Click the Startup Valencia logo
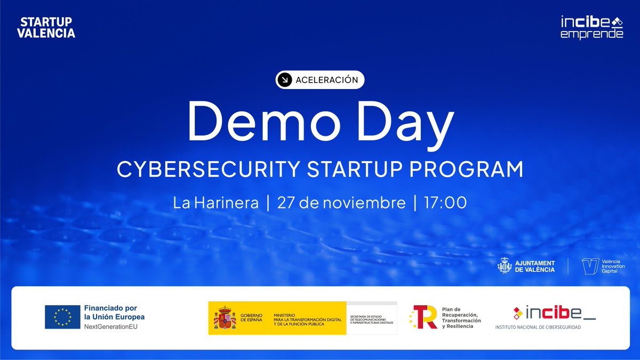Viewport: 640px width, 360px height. tap(46, 28)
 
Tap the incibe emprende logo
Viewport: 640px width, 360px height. tap(591, 27)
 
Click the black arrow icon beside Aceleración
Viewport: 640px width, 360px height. tap(285, 80)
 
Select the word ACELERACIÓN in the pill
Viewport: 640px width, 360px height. tap(326, 80)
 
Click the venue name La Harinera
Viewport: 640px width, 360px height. tap(216, 203)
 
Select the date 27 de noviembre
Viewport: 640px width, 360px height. tap(341, 203)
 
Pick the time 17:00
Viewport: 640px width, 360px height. tap(445, 203)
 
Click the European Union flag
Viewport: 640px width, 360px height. tap(62, 317)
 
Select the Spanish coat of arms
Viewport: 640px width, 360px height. tap(225, 318)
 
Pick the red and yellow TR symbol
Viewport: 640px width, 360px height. tap(423, 317)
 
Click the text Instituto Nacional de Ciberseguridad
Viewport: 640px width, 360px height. tap(538, 327)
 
